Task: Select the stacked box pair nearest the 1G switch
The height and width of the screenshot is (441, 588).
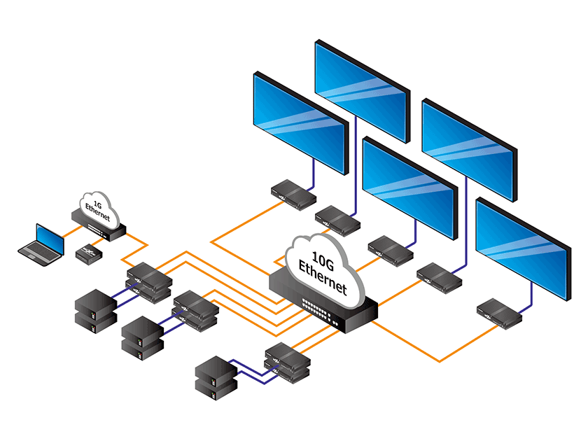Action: (148, 280)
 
